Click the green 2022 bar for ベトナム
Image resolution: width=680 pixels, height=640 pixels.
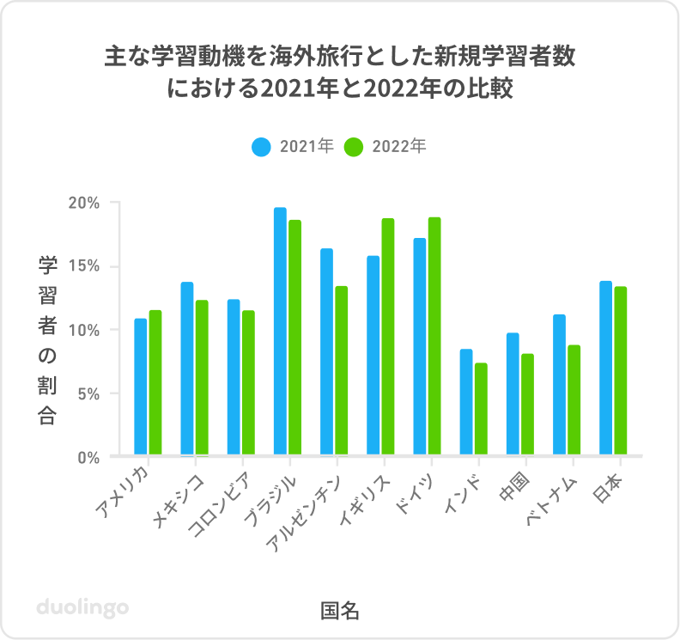pos(574,399)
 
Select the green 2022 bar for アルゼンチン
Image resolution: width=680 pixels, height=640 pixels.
pos(342,370)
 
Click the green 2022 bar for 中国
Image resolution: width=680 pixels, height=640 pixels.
pos(527,404)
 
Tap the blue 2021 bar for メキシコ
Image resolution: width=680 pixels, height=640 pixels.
pos(187,369)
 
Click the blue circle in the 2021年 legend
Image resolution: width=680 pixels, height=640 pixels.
pos(262,147)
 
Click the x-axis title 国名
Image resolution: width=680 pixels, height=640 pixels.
pos(339,611)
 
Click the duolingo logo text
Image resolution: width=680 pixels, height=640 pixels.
pos(82,607)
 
